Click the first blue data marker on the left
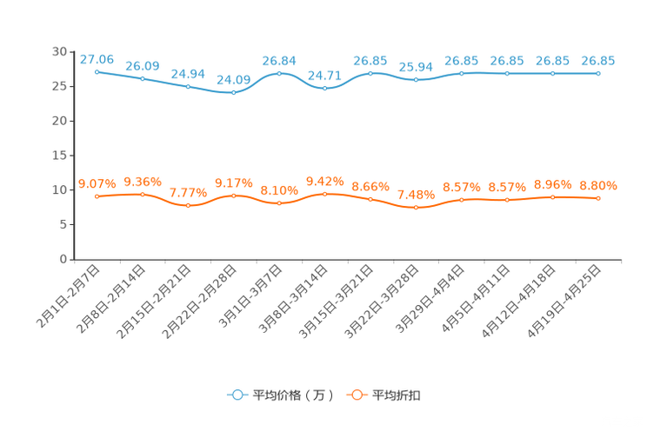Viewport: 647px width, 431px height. (97, 71)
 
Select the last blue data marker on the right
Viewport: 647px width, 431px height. (598, 74)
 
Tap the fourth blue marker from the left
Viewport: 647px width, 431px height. (233, 91)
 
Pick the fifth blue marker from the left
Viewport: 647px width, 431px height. (279, 73)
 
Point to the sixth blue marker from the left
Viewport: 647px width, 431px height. (324, 88)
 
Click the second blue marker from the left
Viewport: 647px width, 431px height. (143, 78)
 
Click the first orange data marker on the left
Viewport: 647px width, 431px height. (97, 196)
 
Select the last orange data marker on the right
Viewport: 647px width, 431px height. (598, 198)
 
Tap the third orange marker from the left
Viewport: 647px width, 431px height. (188, 205)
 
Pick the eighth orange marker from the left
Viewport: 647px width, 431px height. (416, 207)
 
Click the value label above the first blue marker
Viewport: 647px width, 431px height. (97, 58)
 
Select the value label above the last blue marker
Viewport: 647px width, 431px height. (598, 60)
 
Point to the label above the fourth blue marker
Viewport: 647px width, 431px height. (233, 79)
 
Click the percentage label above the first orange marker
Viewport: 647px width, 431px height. (97, 182)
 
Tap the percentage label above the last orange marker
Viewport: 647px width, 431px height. (598, 185)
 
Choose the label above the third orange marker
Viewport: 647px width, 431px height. (188, 192)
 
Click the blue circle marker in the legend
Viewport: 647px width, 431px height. (237, 395)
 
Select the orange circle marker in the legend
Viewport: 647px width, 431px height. (356, 395)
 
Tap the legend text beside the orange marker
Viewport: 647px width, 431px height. (397, 395)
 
